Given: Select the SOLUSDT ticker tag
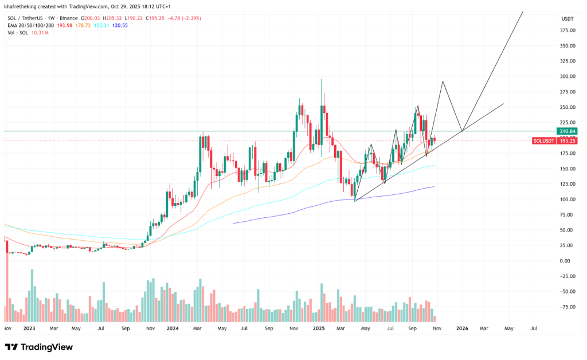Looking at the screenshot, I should (543, 140).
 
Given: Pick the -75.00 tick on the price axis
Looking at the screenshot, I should (566, 307).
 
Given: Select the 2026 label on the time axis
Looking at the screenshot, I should (461, 329).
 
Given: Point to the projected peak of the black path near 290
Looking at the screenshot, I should (443, 81).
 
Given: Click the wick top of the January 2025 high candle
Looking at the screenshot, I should (322, 79).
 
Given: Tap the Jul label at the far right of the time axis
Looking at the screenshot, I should (534, 329).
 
